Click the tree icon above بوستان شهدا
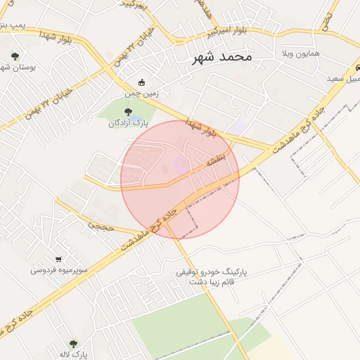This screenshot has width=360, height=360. point(16,56)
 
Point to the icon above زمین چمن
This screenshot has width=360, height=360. point(142,82)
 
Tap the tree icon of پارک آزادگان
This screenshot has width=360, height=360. point(127,111)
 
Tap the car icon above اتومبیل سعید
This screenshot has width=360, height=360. point(358,67)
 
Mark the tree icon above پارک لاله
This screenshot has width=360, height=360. point(73,344)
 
